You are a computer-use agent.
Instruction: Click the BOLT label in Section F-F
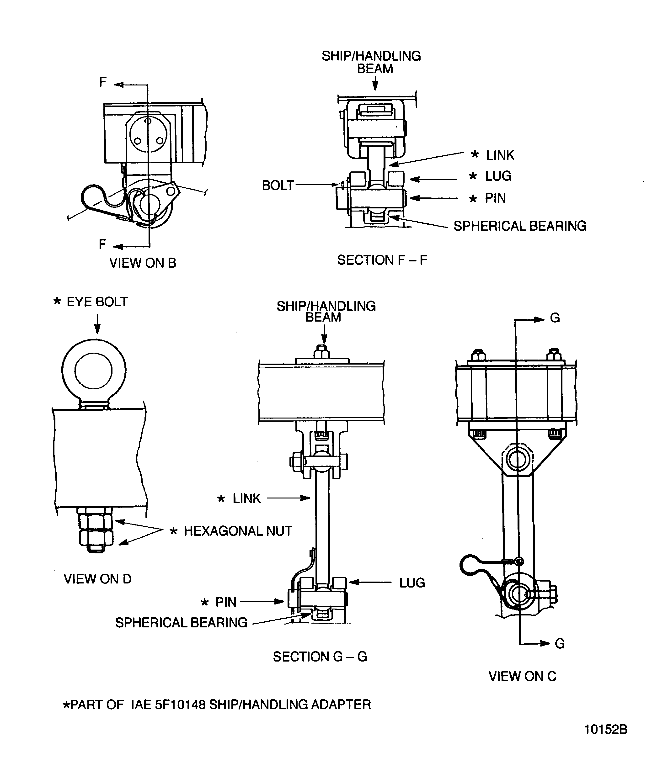pyautogui.click(x=278, y=185)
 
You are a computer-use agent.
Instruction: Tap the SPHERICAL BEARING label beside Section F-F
pyautogui.click(x=520, y=226)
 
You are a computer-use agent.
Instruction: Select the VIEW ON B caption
pyautogui.click(x=143, y=263)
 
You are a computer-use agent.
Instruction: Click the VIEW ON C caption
pyautogui.click(x=523, y=676)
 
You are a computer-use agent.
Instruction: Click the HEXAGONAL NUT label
pyautogui.click(x=238, y=531)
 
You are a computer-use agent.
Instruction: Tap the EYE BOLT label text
pyautogui.click(x=97, y=302)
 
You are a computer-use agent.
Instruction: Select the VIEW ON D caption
pyautogui.click(x=98, y=579)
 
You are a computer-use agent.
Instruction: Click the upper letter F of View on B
pyautogui.click(x=103, y=82)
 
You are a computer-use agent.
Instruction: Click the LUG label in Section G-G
pyautogui.click(x=412, y=583)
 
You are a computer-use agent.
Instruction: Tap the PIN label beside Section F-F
pyautogui.click(x=495, y=198)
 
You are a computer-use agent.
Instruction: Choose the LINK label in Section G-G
pyautogui.click(x=247, y=498)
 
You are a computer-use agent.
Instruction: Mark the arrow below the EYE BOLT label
pyautogui.click(x=97, y=324)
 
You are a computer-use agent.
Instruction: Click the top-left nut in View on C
pyautogui.click(x=478, y=355)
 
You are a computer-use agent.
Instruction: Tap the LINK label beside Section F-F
pyautogui.click(x=500, y=155)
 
